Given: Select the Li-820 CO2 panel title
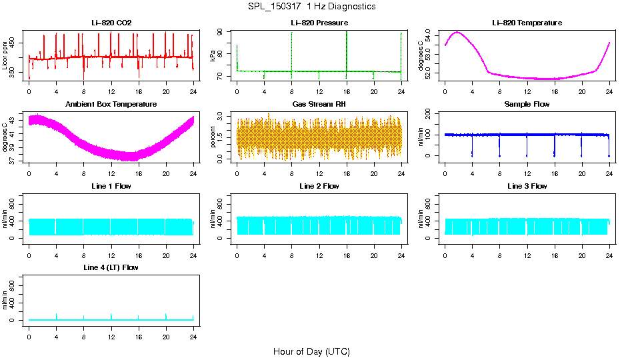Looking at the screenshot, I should (x=111, y=23).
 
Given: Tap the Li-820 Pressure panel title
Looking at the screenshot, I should (x=319, y=23).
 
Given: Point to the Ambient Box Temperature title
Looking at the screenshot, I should (x=111, y=104).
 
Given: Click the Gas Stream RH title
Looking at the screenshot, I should (x=319, y=104).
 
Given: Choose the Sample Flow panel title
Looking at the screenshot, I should (x=527, y=104).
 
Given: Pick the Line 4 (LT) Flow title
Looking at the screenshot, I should (x=111, y=267).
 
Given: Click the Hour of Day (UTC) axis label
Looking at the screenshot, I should (x=311, y=351).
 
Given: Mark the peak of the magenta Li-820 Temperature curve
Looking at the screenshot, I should (x=457, y=32).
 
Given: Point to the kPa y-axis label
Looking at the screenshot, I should (x=213, y=56).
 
